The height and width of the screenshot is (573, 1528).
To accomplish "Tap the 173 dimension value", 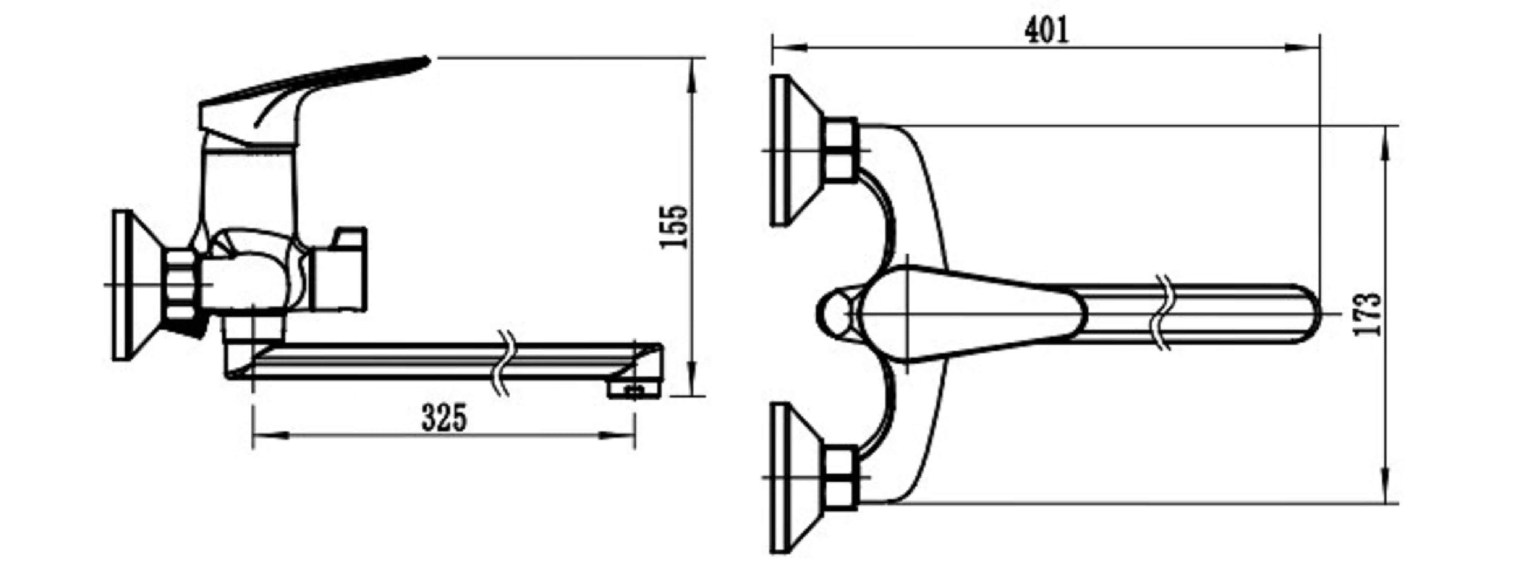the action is [x=1368, y=314].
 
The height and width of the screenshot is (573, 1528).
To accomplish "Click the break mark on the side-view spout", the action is [x=505, y=363].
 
